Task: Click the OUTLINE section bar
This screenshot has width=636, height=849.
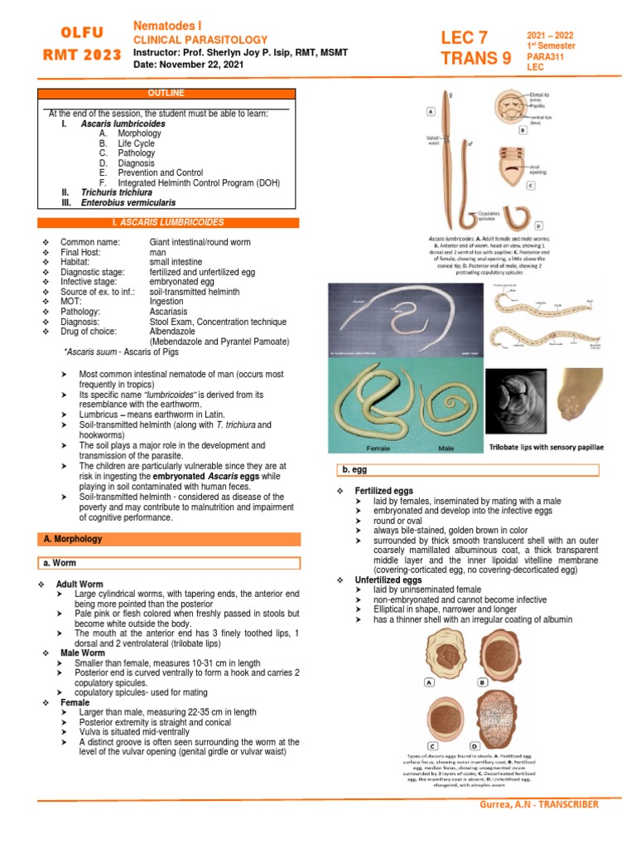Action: pos(167,93)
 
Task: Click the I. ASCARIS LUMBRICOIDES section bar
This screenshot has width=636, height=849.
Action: pos(167,222)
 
